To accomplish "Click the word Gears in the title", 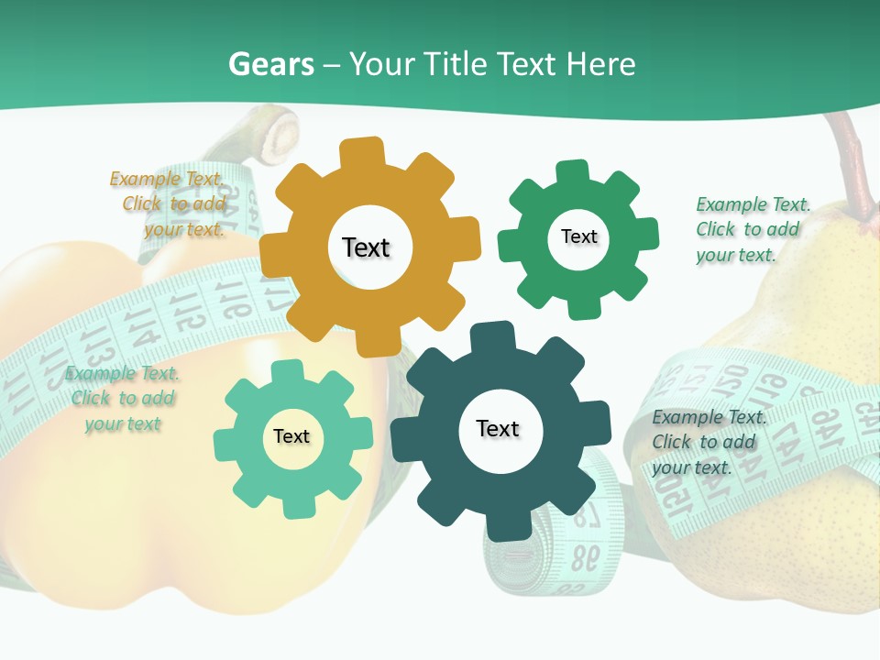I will click(270, 64).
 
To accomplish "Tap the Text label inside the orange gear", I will click(366, 247).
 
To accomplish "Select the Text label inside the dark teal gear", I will click(498, 428).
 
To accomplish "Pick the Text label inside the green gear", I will click(578, 236).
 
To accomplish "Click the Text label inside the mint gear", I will click(291, 436).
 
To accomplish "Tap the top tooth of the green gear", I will click(573, 174).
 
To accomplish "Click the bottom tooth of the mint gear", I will click(296, 502).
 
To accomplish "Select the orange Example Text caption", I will click(169, 203).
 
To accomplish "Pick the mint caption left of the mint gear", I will click(122, 398).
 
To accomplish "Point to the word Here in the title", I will click(601, 64).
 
